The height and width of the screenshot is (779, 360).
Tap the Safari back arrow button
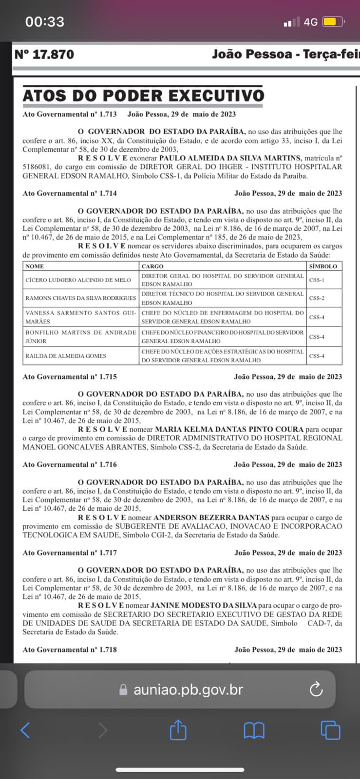(25, 730)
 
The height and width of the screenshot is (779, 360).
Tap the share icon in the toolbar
(178, 730)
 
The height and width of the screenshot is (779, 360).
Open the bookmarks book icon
(254, 730)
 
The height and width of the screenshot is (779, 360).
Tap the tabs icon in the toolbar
(330, 730)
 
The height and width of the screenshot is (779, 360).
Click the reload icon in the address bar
(316, 689)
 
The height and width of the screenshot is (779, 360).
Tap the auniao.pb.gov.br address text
(188, 689)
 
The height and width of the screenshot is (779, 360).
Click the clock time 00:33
(45, 21)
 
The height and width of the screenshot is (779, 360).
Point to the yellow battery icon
(333, 22)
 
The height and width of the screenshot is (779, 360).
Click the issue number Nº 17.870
(44, 54)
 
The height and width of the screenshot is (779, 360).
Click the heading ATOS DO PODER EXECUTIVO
(143, 95)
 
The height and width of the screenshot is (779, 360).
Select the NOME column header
(35, 266)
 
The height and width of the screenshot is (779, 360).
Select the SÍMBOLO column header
(323, 266)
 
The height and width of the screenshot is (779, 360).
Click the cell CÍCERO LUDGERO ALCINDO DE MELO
(78, 280)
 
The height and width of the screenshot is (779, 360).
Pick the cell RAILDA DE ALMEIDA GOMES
(66, 356)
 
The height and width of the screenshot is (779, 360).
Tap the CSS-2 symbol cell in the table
(317, 298)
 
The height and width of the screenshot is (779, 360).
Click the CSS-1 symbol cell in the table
(317, 280)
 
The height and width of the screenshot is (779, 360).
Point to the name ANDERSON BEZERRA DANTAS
(211, 518)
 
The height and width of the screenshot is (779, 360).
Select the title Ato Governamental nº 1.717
(70, 553)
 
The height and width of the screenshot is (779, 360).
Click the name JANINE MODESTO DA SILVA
(204, 605)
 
